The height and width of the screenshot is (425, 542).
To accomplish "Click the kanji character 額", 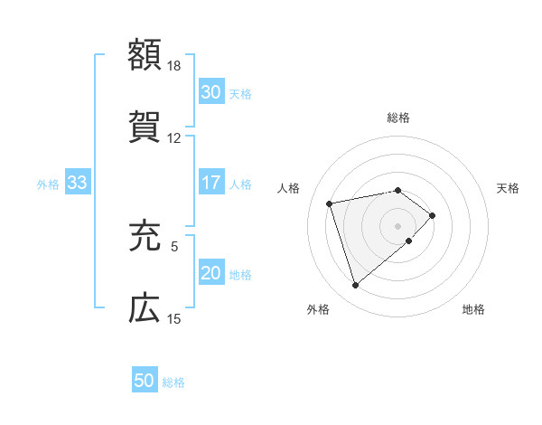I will coord(145,54).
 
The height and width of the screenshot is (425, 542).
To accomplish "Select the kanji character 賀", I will coord(145,127).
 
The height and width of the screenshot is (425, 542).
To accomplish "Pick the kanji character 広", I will coord(145,308).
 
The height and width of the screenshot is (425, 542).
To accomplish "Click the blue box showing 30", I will coord(210,92).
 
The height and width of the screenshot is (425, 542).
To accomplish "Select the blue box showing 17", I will coord(210,183).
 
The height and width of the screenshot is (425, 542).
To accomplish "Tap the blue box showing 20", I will coord(210,273).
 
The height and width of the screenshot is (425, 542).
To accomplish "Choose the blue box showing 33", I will coord(77,183).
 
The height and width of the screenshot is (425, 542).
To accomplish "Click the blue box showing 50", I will coord(145,381).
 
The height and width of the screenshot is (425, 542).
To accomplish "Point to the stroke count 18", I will coord(174,66).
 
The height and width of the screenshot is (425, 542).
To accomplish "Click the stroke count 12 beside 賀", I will coord(174,138).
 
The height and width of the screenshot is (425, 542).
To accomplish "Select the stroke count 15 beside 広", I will coord(174,319).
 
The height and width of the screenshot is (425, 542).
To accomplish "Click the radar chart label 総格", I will coord(398,118).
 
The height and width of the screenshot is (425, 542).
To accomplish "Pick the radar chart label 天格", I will coord(508,188).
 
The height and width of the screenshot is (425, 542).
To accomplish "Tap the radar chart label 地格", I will coord(473,309).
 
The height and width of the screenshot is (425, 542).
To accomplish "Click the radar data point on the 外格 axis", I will coord(355,285).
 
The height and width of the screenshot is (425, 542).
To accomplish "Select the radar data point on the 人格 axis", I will coord(330,203).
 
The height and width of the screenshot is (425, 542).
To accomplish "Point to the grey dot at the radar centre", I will coord(398,224).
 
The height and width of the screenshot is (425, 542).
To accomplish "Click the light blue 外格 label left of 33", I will coord(48,184).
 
